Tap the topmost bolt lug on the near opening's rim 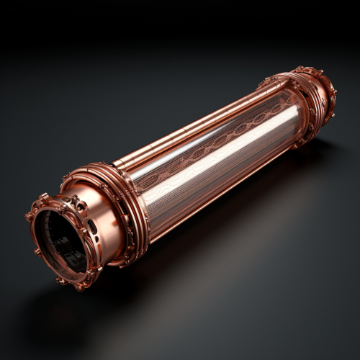pos(45,197)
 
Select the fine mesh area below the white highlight pos(216,180)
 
